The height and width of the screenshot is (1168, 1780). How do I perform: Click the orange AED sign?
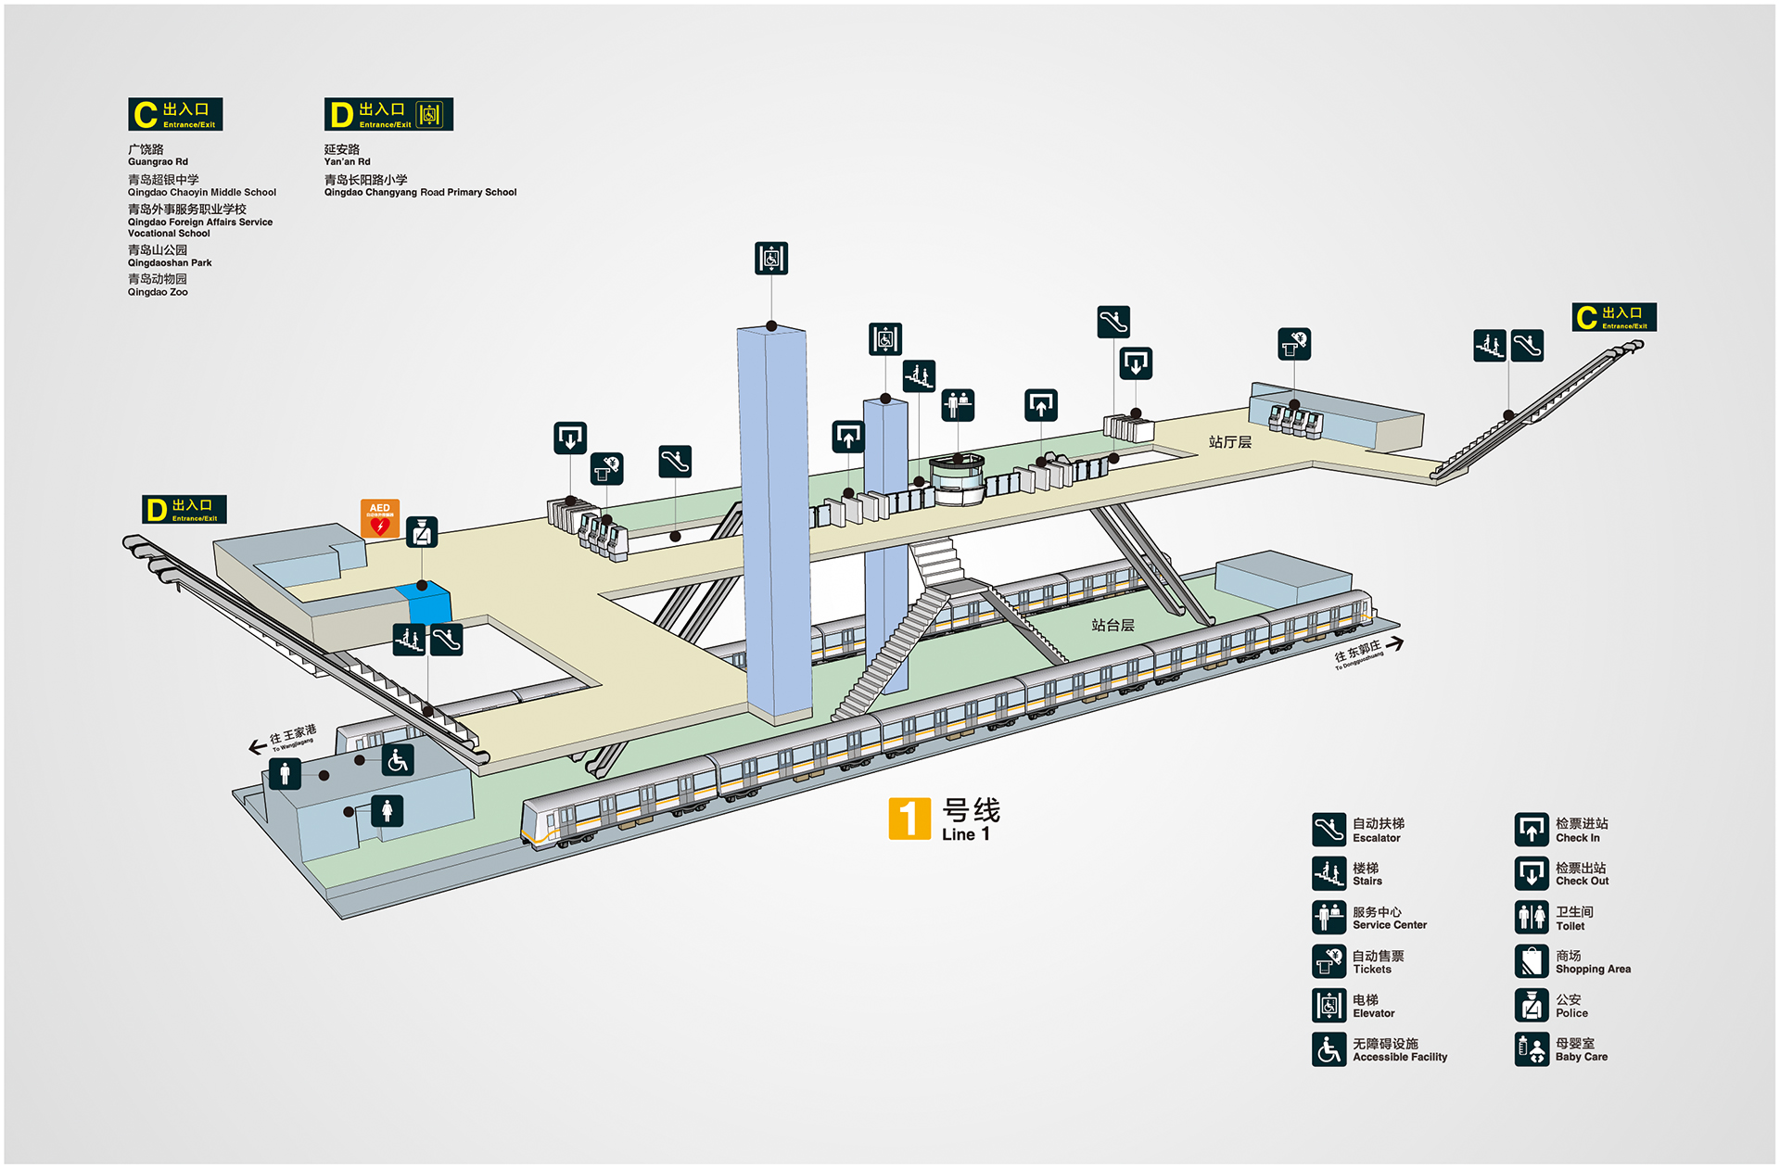380,518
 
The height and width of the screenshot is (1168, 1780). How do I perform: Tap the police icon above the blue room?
422,532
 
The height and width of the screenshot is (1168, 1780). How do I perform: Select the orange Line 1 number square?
909,818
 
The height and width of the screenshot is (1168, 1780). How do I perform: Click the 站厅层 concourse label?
1229,442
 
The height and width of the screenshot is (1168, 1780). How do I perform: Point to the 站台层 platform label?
1112,625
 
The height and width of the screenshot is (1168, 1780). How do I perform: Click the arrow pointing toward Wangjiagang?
258,746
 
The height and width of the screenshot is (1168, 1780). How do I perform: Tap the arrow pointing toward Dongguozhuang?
1394,643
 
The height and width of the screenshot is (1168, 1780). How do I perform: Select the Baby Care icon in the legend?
1532,1049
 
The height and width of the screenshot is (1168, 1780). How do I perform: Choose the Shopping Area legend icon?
1532,961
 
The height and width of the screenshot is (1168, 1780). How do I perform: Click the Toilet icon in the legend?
1532,918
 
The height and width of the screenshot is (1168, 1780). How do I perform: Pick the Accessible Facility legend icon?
1329,1049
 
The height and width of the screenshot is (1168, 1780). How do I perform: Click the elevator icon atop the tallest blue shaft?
771,258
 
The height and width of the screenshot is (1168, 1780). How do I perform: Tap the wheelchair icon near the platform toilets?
398,760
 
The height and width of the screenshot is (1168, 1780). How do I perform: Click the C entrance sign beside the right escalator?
1614,317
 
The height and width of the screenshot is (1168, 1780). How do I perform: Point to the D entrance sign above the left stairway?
184,509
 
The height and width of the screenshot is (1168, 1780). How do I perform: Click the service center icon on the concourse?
958,405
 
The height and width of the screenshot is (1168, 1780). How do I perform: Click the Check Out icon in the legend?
1532,873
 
